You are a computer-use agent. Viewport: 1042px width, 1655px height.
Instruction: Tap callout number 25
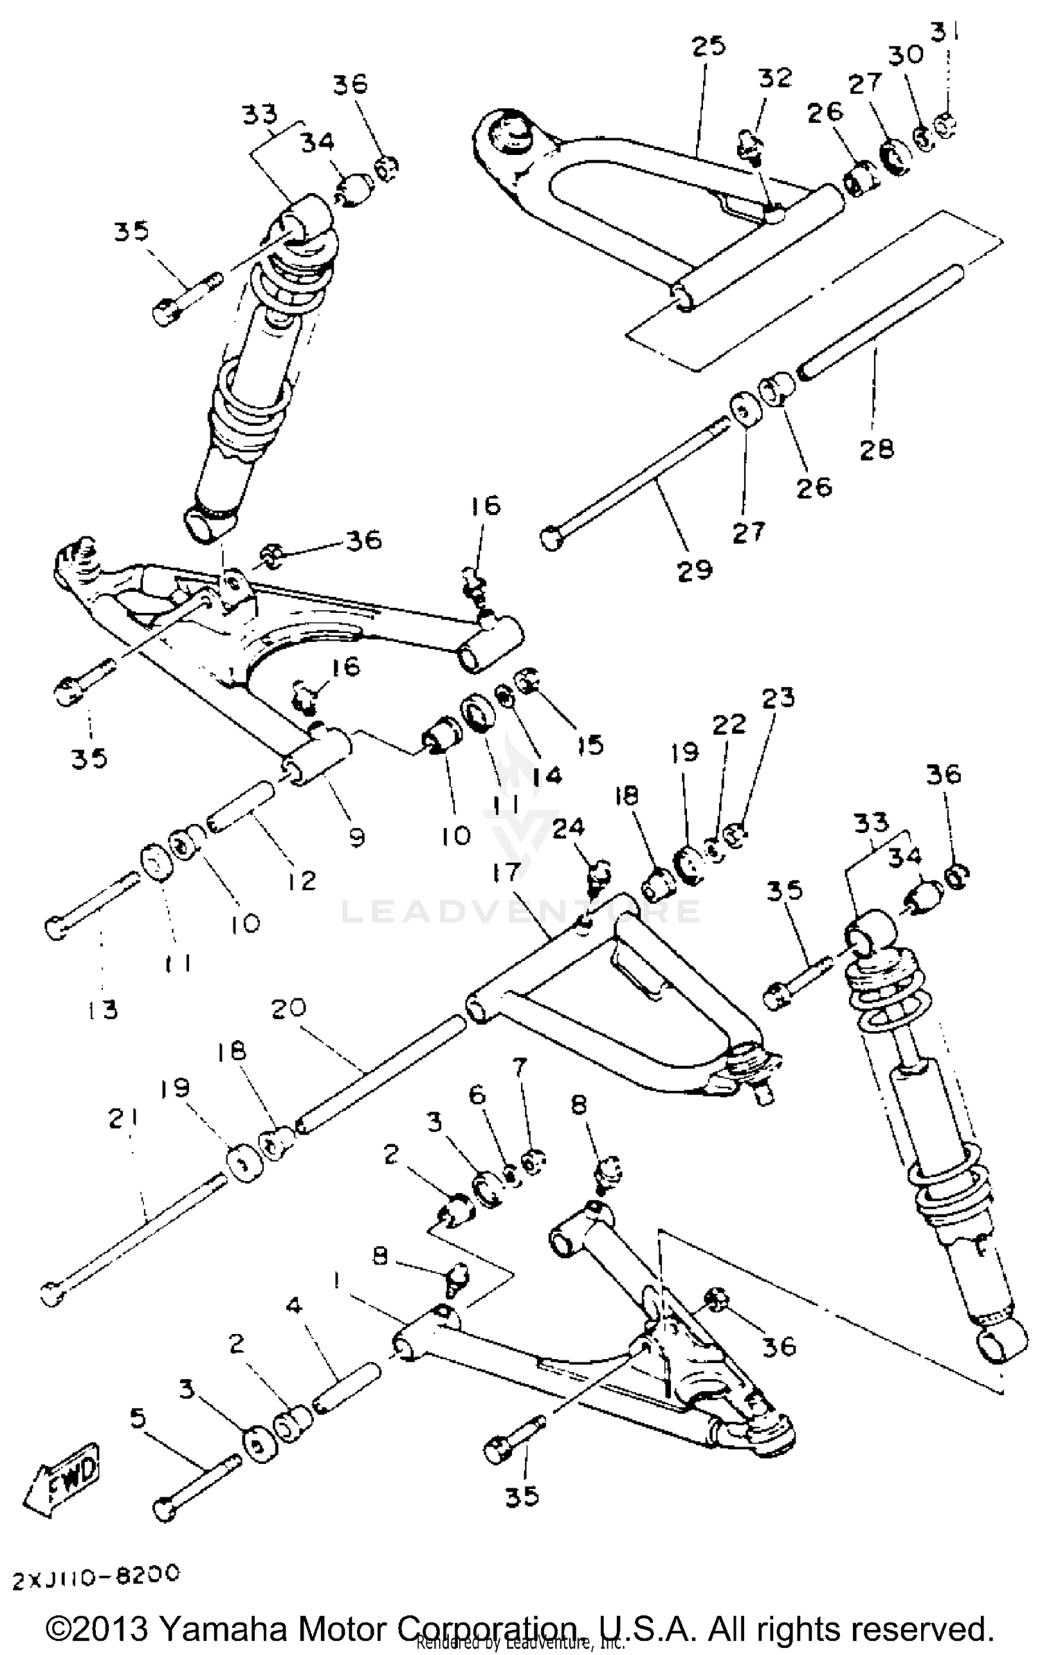(709, 46)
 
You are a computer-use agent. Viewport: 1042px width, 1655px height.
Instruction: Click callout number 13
(103, 1010)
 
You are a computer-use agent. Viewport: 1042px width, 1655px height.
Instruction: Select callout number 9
(356, 837)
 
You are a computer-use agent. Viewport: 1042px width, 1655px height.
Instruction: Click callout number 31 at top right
(945, 32)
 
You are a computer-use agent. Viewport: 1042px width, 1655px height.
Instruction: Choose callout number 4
(295, 1306)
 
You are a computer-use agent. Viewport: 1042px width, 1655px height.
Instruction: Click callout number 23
(778, 697)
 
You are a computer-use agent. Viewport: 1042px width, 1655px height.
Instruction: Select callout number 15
(590, 745)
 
